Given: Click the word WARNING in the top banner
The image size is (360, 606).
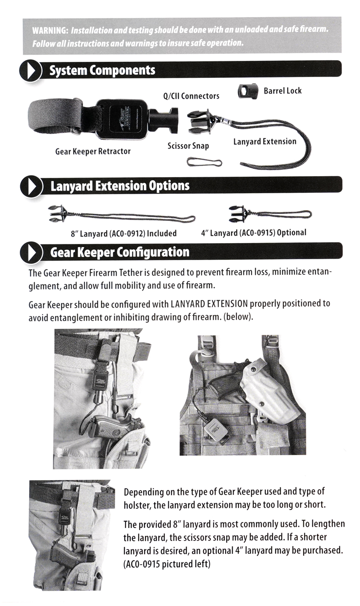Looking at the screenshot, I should coord(50,30).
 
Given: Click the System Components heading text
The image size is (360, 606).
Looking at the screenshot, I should coord(102,71).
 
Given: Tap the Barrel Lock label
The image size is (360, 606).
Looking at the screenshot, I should coord(282,91).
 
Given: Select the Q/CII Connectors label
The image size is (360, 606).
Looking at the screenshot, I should coord(191,96).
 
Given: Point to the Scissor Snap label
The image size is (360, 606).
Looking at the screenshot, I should coord(188,146).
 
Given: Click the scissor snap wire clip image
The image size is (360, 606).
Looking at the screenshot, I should coord(204,162).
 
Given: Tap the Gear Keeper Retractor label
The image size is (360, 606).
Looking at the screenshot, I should coord(93,151).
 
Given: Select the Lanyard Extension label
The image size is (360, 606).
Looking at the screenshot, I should coord(264,142).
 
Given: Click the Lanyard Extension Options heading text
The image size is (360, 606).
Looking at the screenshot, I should coord(120,186).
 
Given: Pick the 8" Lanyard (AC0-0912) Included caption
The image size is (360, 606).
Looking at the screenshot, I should coord(123,233).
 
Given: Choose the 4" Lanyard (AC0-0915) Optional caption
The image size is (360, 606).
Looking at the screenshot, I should coord(253,233).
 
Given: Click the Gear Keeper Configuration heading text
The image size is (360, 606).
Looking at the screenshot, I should coord(120,252).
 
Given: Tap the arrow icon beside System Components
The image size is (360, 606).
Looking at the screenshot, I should coord(31,71).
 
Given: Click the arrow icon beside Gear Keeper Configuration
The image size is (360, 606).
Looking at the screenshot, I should coord(31,253).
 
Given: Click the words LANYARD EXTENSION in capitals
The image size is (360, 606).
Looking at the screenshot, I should coord(210,304).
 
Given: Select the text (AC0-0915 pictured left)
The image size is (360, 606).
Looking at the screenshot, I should coord(167,564).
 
